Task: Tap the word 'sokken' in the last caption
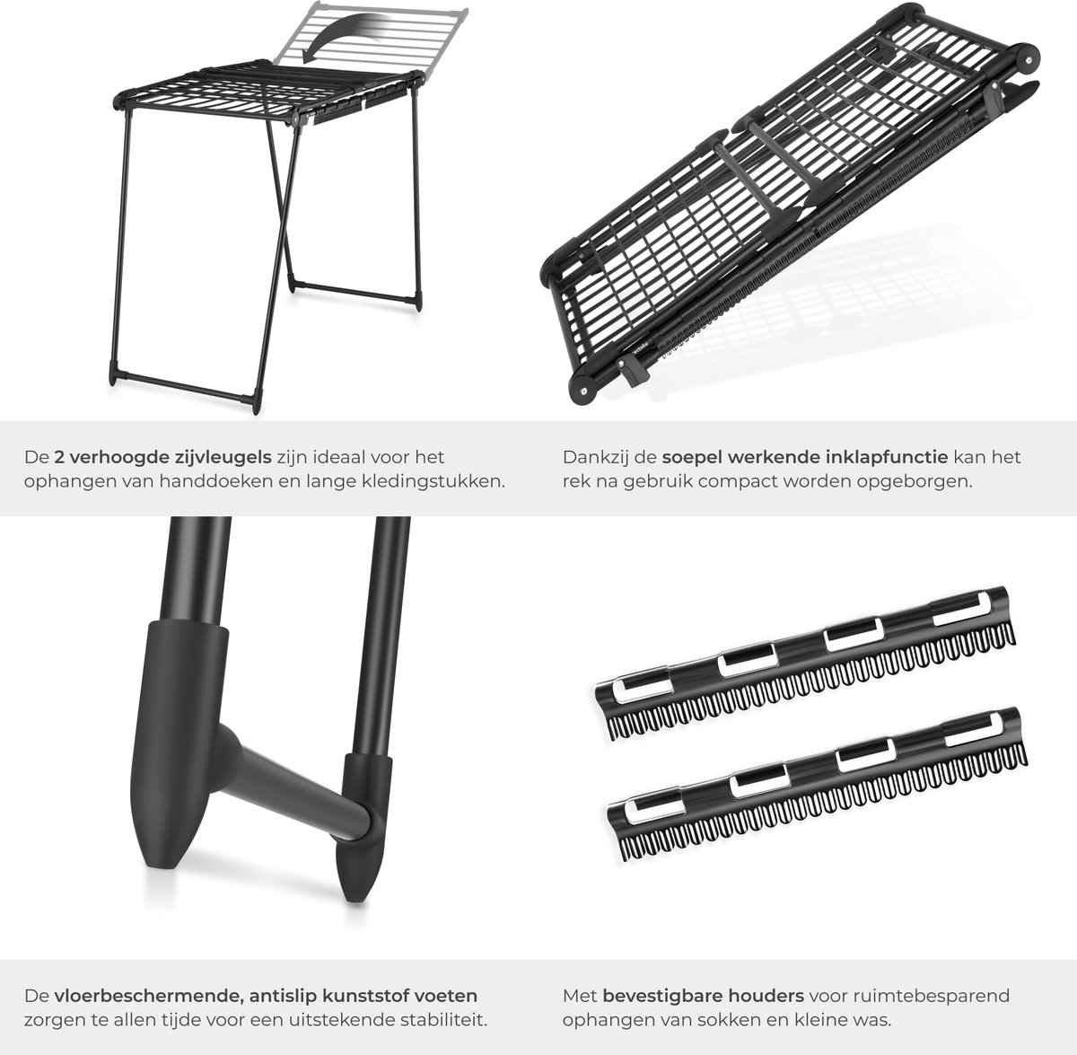coord(729,1020)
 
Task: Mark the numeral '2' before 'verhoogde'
coord(59,458)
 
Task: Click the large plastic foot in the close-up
coord(178,744)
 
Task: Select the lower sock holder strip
coord(817,783)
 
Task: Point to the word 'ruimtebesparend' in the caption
coord(910,997)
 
